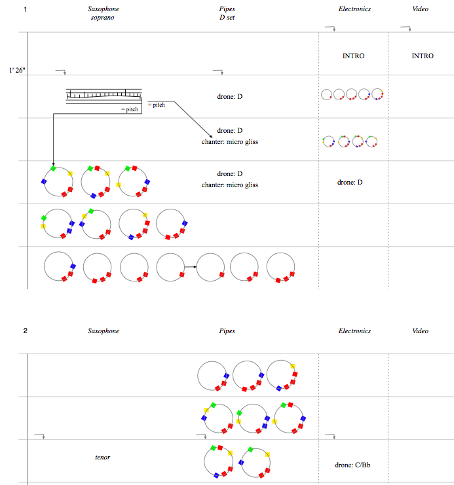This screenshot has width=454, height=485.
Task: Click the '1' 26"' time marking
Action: (x=17, y=69)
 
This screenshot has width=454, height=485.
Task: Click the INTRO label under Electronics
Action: (x=353, y=56)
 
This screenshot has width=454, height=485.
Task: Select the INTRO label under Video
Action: (x=422, y=56)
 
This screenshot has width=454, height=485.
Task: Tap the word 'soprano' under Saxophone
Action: (x=104, y=18)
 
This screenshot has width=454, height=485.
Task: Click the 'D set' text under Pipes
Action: (x=227, y=18)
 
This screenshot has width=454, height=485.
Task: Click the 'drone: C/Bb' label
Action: (x=353, y=465)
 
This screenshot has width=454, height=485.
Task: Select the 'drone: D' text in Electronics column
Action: (x=350, y=182)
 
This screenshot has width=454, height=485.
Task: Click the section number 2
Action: (x=25, y=331)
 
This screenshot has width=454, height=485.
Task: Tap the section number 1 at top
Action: (x=25, y=9)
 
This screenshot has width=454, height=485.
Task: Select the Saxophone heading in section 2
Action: (x=104, y=331)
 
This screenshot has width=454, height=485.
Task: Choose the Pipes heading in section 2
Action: (x=227, y=331)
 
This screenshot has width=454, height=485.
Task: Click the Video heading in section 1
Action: (x=420, y=9)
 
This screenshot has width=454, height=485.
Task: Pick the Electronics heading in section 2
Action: (x=354, y=331)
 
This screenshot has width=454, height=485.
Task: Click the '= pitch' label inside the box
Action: (x=131, y=109)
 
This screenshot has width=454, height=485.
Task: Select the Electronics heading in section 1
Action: (x=354, y=9)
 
